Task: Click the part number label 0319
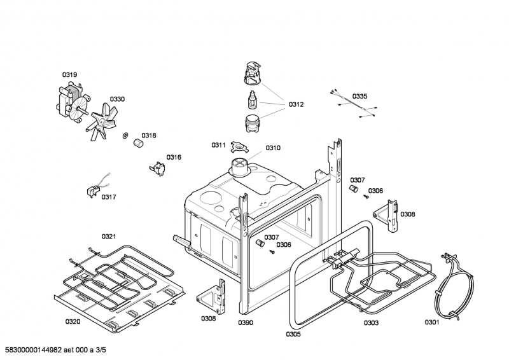click(69, 75)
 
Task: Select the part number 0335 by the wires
click(359, 96)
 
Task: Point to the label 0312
click(296, 104)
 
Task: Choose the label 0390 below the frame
click(246, 323)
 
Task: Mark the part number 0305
click(293, 334)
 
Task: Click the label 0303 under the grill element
click(371, 323)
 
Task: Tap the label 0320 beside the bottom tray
click(73, 321)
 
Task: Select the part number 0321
click(109, 237)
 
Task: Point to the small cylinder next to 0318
click(136, 145)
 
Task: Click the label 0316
click(174, 157)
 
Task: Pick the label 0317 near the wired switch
click(109, 197)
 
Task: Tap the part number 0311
click(219, 145)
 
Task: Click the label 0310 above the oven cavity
click(273, 148)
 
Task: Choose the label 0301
click(432, 322)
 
